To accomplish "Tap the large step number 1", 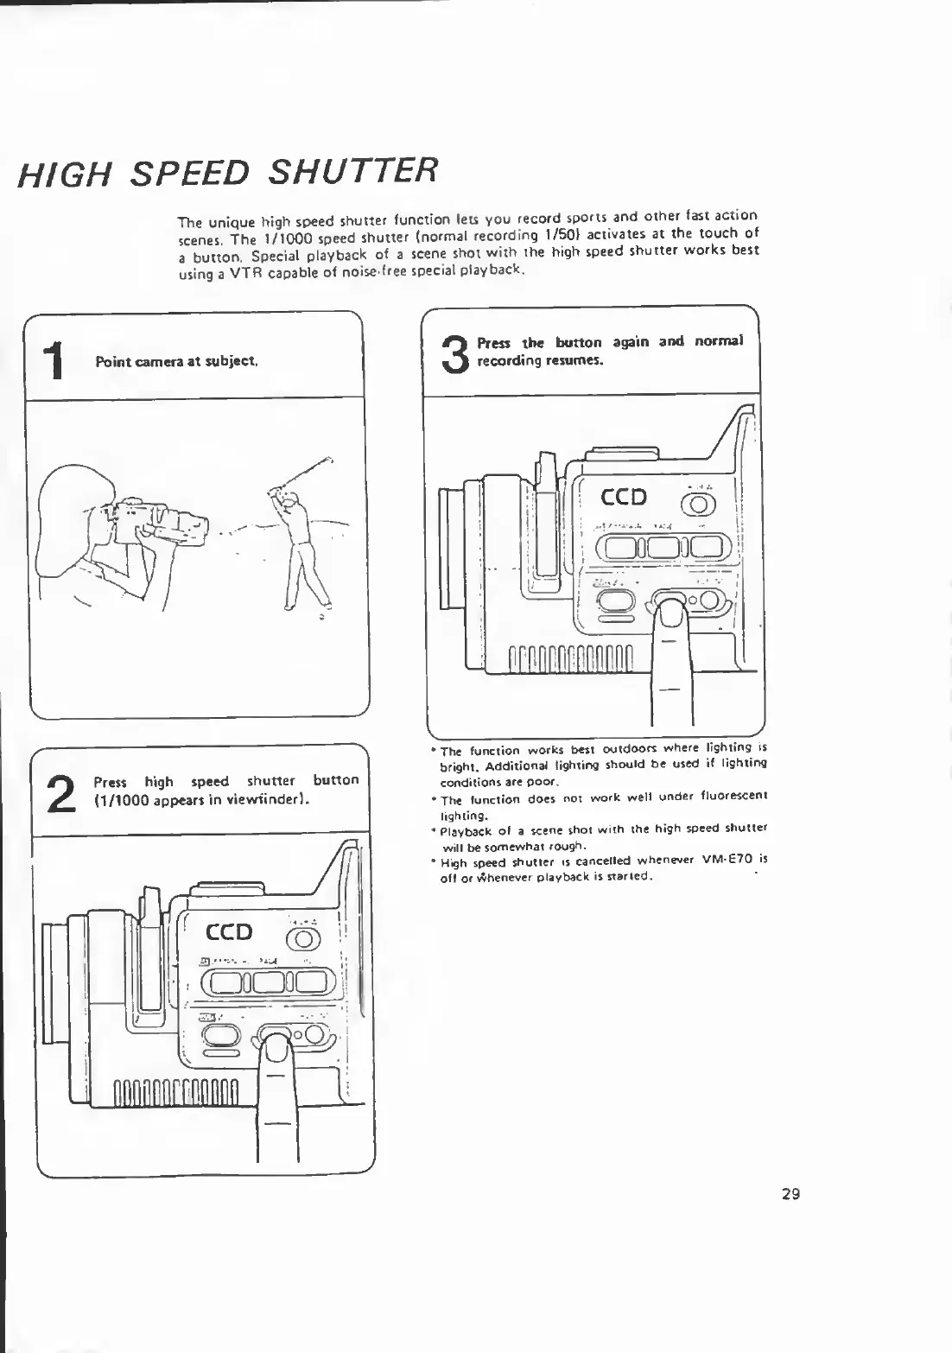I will coord(54,359).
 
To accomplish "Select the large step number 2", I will coord(58,792).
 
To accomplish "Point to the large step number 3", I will coord(454,353).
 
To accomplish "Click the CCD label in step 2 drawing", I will coord(229,931).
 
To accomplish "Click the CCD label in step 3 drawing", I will coord(624,497).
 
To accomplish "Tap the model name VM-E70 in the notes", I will coord(729,861).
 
